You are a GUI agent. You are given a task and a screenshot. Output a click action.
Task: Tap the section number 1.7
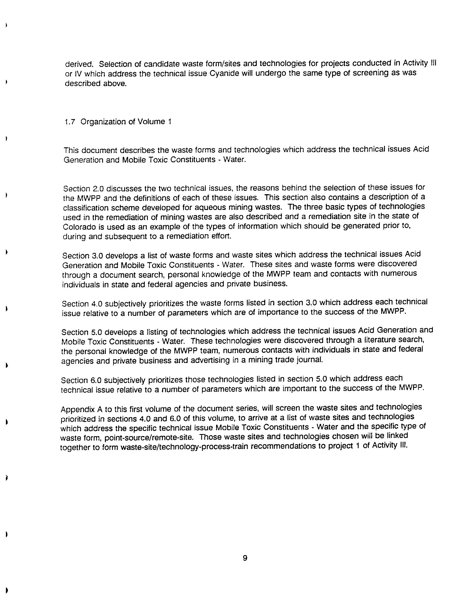tap(70, 122)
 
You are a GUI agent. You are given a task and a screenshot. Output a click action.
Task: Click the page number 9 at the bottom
tap(245, 558)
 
